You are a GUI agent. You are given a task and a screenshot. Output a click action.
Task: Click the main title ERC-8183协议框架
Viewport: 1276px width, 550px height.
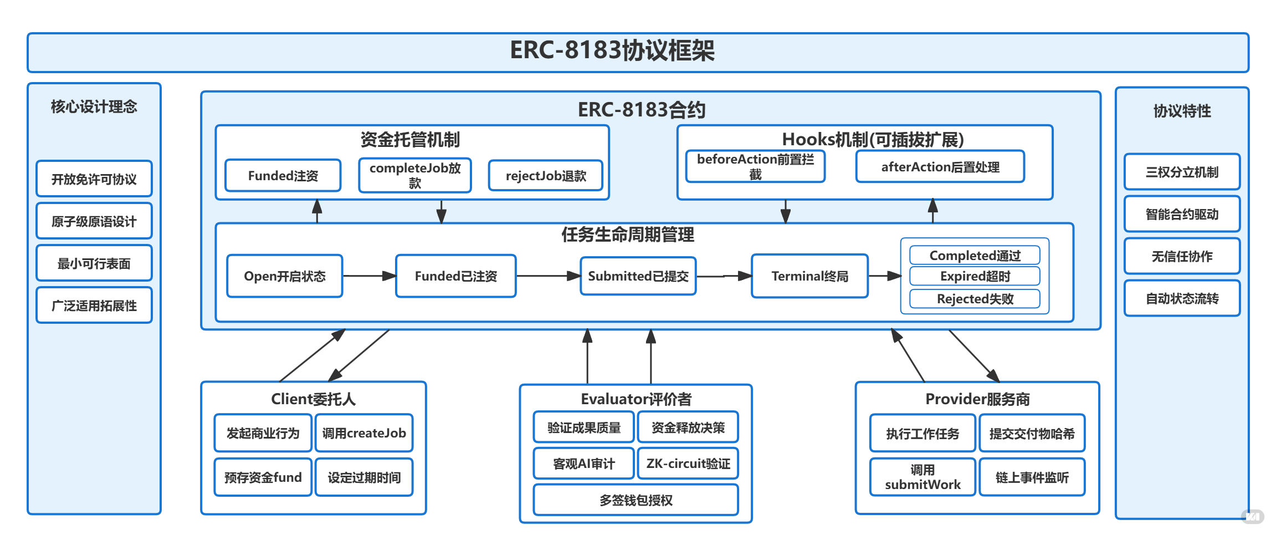(x=612, y=50)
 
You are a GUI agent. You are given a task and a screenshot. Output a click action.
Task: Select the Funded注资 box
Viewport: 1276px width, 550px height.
(x=283, y=176)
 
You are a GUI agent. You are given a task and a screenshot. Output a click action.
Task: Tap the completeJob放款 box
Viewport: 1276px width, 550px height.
(x=415, y=175)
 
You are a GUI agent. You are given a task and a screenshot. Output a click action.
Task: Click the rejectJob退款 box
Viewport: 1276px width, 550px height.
(x=545, y=176)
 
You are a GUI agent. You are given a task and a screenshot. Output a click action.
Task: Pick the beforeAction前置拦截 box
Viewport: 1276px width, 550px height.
(x=755, y=166)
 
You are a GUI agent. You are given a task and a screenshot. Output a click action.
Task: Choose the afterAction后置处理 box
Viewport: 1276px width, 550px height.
(x=940, y=167)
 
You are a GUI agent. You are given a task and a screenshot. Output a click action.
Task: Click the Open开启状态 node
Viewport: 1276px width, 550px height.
(x=284, y=276)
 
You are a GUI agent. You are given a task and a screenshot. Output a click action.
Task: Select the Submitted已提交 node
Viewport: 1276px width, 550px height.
(x=638, y=276)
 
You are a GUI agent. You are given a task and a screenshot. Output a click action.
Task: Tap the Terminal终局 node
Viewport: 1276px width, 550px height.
(x=809, y=276)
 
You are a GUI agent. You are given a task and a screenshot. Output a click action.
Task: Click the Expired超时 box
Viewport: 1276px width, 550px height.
(x=975, y=276)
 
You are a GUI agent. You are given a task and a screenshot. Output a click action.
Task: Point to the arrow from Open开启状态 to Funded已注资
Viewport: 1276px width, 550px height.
(x=369, y=276)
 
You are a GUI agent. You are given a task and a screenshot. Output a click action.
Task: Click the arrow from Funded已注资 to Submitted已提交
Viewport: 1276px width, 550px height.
(x=548, y=276)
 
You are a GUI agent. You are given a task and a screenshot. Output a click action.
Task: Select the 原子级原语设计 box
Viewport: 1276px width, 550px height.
(x=94, y=221)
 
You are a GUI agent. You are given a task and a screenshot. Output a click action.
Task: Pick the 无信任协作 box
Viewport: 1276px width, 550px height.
(x=1181, y=256)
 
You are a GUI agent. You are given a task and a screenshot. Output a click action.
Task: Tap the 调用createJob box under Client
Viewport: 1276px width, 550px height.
(x=364, y=433)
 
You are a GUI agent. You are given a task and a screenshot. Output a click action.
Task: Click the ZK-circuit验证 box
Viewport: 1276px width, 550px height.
(x=688, y=464)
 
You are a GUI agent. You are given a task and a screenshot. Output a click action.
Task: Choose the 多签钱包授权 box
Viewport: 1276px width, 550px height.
(x=636, y=500)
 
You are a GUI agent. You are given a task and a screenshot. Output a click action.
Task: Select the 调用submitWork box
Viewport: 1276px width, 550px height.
(x=922, y=477)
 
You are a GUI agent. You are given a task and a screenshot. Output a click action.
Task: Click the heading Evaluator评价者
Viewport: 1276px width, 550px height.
(x=636, y=399)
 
